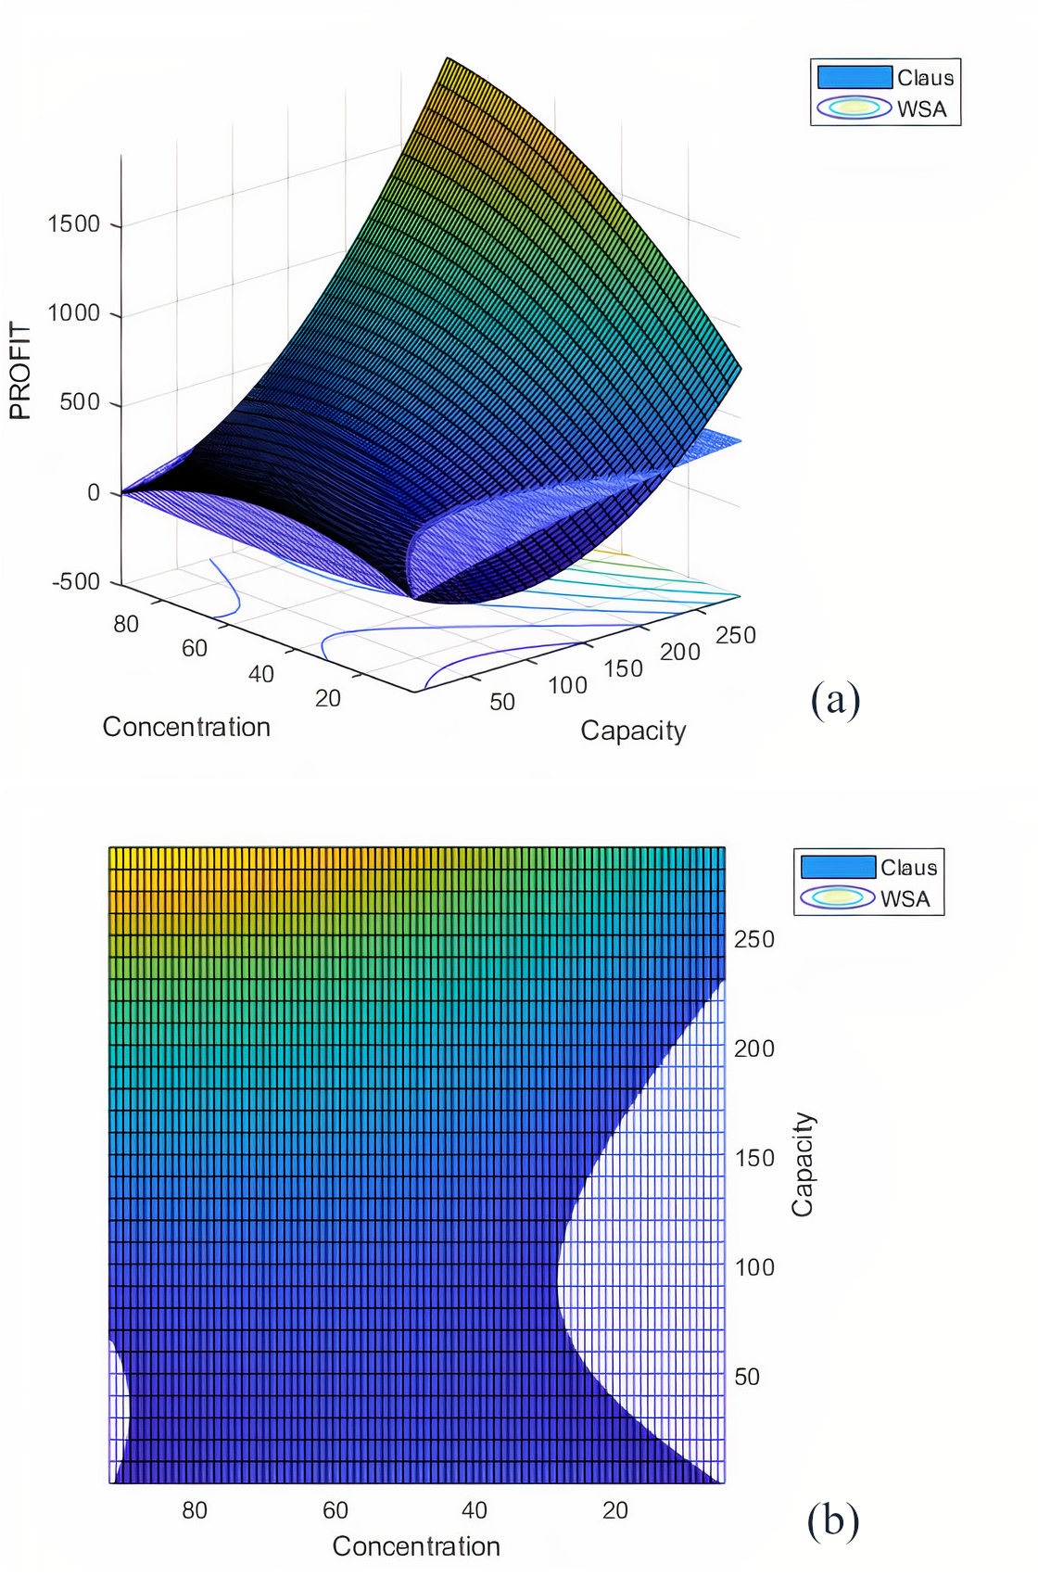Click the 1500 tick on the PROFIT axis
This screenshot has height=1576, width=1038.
(x=74, y=224)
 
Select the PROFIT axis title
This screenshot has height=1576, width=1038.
(x=20, y=371)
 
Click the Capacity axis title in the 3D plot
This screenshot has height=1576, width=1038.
(x=633, y=731)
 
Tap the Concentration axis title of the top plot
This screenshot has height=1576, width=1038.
(x=186, y=727)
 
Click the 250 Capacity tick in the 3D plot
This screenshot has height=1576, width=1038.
(x=736, y=635)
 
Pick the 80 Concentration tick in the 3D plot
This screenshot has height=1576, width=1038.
(x=126, y=624)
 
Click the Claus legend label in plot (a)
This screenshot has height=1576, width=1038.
(x=925, y=78)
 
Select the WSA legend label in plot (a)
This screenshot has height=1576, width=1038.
(x=921, y=109)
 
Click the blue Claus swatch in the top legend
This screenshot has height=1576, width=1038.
(x=854, y=77)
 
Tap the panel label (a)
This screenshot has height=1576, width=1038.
(x=835, y=700)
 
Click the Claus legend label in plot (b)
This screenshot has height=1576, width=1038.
(x=908, y=868)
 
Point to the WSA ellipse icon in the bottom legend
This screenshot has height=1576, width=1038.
(x=838, y=897)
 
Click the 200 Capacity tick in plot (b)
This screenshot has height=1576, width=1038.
(x=754, y=1049)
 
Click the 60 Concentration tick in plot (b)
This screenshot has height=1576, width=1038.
(x=335, y=1510)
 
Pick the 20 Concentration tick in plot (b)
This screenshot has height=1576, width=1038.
(x=615, y=1510)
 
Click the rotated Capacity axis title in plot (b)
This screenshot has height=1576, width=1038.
(x=802, y=1164)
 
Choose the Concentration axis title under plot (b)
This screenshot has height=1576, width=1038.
(x=416, y=1546)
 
